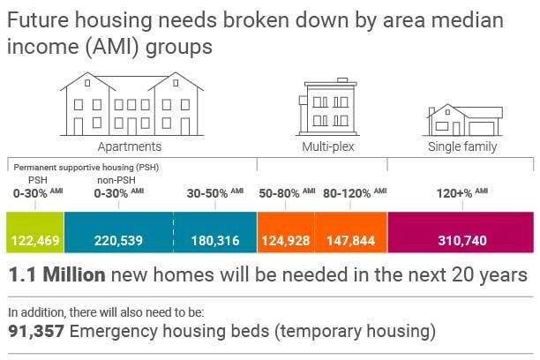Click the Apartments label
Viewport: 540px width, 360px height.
coord(129,146)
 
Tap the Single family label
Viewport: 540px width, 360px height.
coord(462,146)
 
